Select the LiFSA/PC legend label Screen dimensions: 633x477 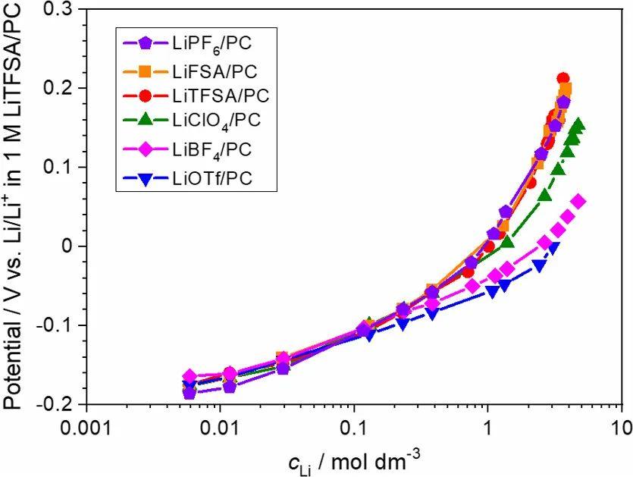click(215, 71)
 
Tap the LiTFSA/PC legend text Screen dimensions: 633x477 click(221, 96)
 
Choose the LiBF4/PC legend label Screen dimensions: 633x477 click(212, 150)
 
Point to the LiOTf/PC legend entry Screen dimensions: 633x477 click(213, 177)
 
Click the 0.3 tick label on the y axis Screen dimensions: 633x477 click(61, 9)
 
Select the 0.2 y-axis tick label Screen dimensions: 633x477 click(61, 88)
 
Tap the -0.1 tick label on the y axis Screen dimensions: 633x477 click(57, 325)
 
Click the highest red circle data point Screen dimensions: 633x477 click(563, 78)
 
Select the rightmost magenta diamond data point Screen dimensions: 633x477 click(578, 202)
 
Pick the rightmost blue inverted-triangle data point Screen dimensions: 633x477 click(554, 247)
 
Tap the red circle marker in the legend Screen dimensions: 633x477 click(146, 96)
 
